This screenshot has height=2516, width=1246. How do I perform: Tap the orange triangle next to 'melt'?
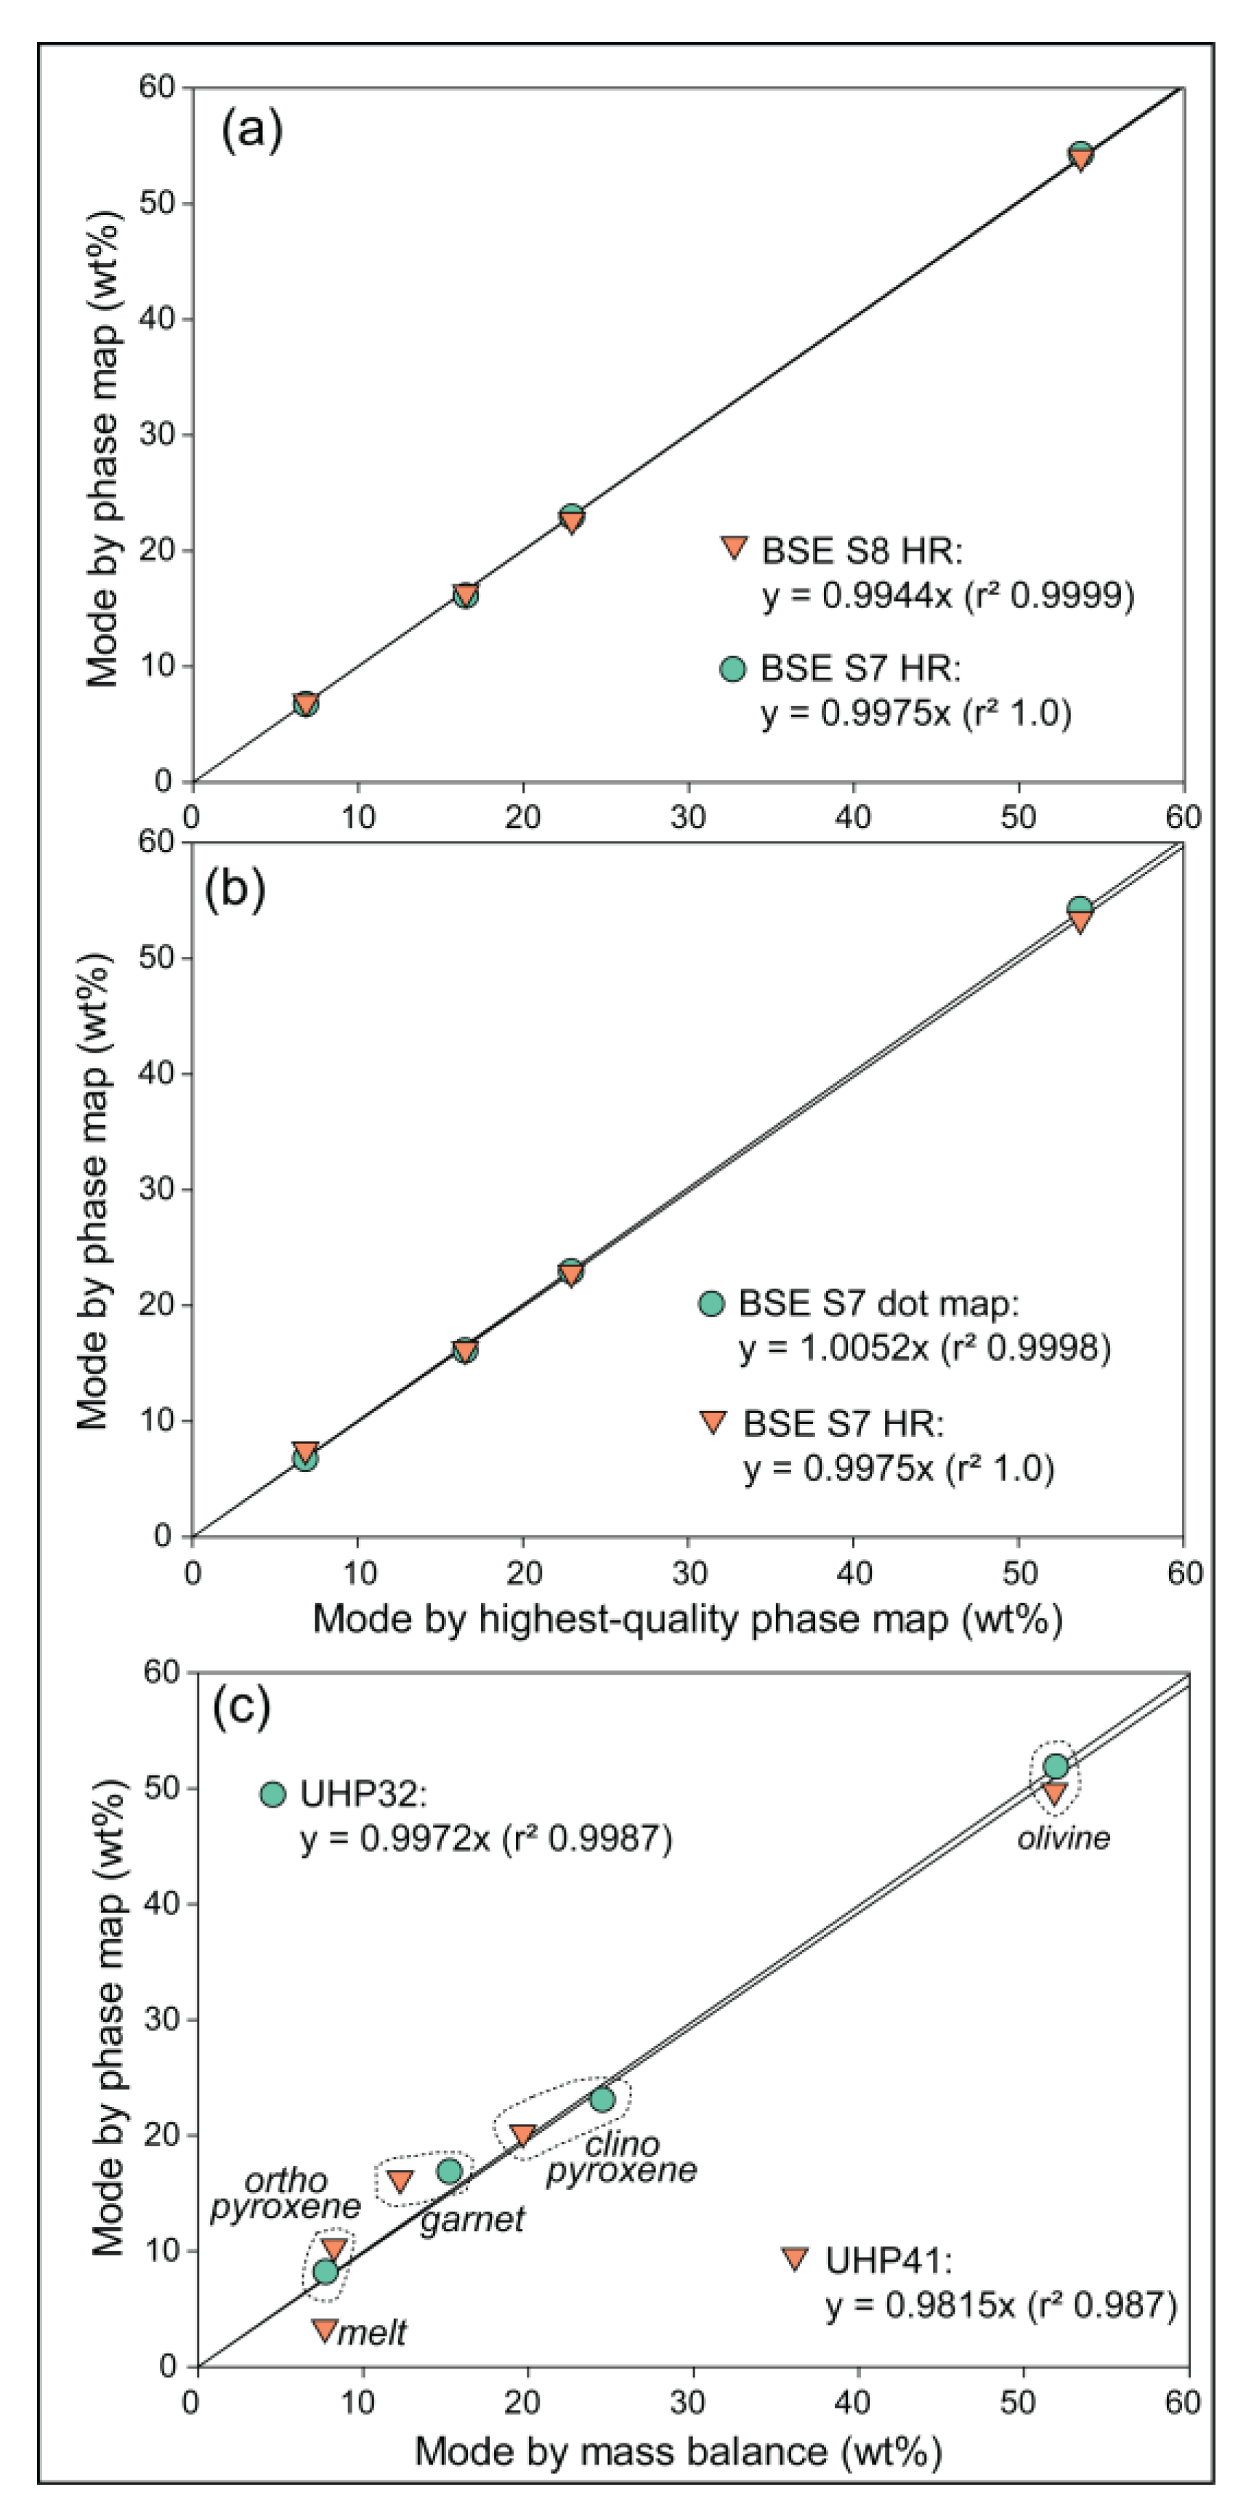[x=324, y=2329]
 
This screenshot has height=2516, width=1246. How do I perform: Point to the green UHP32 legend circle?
[x=273, y=1795]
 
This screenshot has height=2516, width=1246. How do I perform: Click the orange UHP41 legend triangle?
[x=795, y=2259]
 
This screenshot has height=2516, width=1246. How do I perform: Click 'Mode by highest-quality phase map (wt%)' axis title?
[x=687, y=1619]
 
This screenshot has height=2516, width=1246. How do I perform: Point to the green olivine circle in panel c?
[x=1056, y=1766]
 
